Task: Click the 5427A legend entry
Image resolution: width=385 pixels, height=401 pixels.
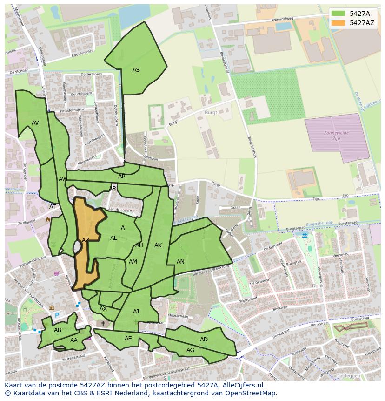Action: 359,14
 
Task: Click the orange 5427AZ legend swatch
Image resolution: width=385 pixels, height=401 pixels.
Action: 339,23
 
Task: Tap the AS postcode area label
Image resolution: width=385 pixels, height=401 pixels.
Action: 136,70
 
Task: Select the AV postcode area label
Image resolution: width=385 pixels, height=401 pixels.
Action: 35,123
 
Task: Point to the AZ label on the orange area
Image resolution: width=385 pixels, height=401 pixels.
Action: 86,240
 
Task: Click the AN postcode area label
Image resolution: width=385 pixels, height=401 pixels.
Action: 180,262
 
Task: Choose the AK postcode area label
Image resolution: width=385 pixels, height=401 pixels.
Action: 158,245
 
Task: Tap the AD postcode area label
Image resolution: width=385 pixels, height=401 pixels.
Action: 204,340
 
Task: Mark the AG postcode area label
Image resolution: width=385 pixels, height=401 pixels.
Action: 190,350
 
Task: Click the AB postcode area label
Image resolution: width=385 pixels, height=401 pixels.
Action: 58,330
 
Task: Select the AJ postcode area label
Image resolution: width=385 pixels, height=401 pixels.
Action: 136,312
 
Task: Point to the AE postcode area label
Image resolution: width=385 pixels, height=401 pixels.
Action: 128,339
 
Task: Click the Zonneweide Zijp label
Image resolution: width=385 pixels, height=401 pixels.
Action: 336,136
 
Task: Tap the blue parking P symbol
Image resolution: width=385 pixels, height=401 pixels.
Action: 57,315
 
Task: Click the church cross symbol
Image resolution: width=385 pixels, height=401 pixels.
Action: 103,323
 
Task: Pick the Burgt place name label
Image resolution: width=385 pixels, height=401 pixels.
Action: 211,113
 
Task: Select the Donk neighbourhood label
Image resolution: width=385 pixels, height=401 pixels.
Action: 318,286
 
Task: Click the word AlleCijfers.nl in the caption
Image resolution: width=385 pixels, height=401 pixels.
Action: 242,385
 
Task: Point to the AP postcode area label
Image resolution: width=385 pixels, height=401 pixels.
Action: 121,177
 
